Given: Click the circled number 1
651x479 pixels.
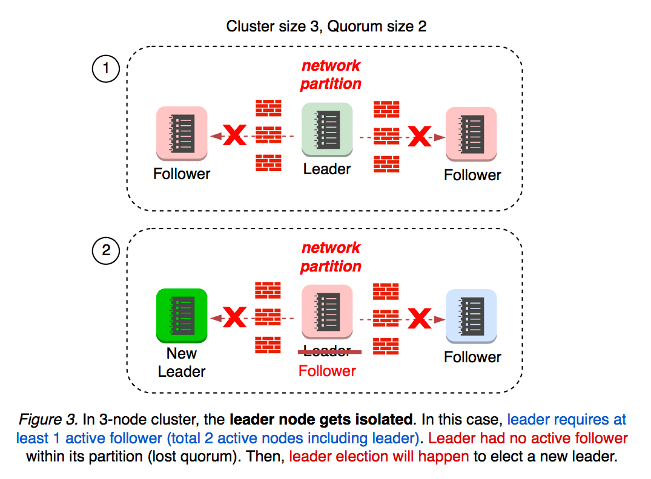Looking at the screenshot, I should (106, 68).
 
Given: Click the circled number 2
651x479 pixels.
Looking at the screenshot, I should (106, 250).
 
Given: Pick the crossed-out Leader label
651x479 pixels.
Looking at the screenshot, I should (327, 351).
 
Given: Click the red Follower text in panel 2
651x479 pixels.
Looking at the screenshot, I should (327, 371).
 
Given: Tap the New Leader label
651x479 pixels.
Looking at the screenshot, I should (182, 362).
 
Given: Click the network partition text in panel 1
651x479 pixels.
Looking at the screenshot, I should (331, 74).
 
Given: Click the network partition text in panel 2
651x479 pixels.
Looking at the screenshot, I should (331, 256).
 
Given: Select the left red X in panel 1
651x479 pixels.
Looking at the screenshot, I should (235, 136).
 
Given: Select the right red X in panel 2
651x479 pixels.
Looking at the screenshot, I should (418, 318).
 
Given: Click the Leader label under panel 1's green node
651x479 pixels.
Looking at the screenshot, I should (327, 169).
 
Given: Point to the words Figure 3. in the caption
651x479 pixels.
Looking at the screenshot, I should (43, 420).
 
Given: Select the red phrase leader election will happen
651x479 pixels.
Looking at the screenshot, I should (380, 457).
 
